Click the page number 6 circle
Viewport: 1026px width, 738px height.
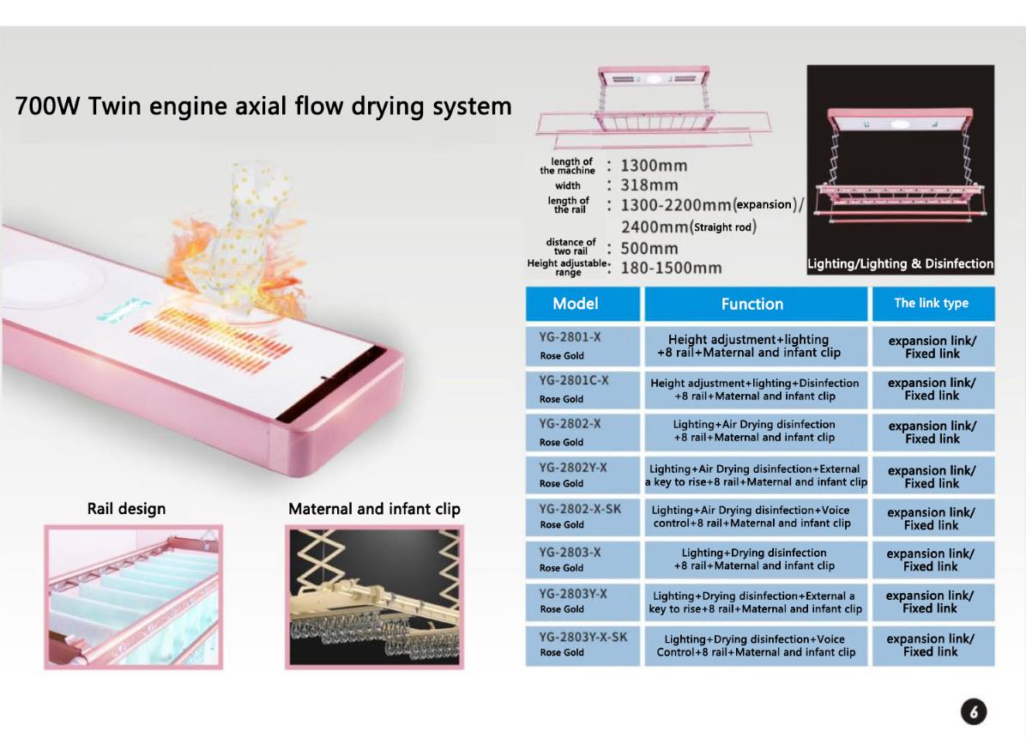[x=975, y=712]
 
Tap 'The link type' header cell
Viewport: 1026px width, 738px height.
[x=932, y=304]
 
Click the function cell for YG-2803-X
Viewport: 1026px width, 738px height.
[x=754, y=560]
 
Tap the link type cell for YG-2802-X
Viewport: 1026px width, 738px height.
[x=932, y=432]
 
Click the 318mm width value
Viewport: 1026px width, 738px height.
[x=649, y=185]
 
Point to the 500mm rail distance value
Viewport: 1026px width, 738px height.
[x=649, y=249]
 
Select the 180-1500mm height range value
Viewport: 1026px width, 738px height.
[x=671, y=268]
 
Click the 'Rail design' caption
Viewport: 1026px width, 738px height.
[x=127, y=509]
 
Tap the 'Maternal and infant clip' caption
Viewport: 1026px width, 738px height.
[x=374, y=509]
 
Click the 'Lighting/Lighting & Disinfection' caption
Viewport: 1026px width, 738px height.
[x=900, y=264]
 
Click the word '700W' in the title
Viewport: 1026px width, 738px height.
[x=48, y=107]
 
